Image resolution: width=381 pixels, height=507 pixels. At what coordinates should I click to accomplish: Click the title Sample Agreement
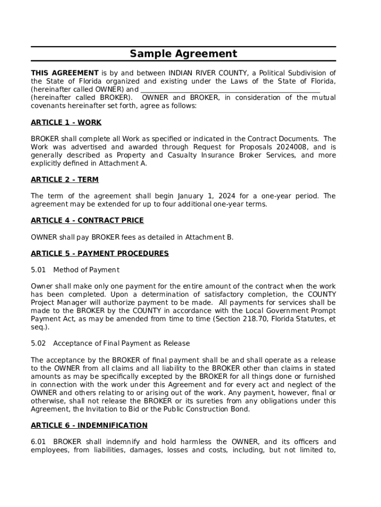point(184,54)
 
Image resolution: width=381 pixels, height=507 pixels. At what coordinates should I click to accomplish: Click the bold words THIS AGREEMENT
point(64,73)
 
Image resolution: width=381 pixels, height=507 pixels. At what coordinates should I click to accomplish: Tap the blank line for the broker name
point(230,90)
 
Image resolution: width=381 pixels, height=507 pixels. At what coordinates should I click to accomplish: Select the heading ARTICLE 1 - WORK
point(66,122)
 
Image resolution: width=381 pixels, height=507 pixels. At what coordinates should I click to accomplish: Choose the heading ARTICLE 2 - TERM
point(64,180)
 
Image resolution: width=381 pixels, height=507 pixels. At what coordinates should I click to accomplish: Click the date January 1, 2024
point(214,196)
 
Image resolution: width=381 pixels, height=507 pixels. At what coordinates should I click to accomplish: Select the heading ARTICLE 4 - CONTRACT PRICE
point(87,220)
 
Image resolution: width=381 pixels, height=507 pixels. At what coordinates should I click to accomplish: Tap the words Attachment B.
point(209,237)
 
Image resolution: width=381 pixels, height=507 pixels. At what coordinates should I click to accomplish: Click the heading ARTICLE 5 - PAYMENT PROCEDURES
point(99,253)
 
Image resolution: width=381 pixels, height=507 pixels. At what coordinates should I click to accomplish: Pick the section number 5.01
point(38,270)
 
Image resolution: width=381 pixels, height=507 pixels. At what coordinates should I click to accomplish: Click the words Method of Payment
point(86,270)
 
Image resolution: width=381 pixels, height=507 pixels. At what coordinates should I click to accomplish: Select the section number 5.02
point(38,344)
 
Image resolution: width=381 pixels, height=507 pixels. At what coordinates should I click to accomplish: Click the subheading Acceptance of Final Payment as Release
point(121,344)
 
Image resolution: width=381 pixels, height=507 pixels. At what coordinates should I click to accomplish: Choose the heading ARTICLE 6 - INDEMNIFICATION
point(89,425)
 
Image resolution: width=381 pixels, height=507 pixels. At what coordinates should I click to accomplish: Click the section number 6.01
point(38,442)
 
